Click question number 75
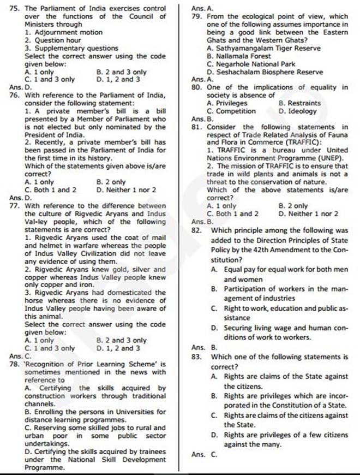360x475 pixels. point(15,9)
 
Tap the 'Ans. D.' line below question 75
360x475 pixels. point(20,87)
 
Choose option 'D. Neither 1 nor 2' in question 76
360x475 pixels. point(126,190)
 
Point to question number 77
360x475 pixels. point(15,206)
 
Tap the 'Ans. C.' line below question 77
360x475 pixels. point(20,356)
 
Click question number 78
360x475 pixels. point(15,364)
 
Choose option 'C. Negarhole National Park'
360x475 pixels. point(251,64)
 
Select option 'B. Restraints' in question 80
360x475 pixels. point(299,103)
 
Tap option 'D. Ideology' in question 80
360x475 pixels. point(297,111)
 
